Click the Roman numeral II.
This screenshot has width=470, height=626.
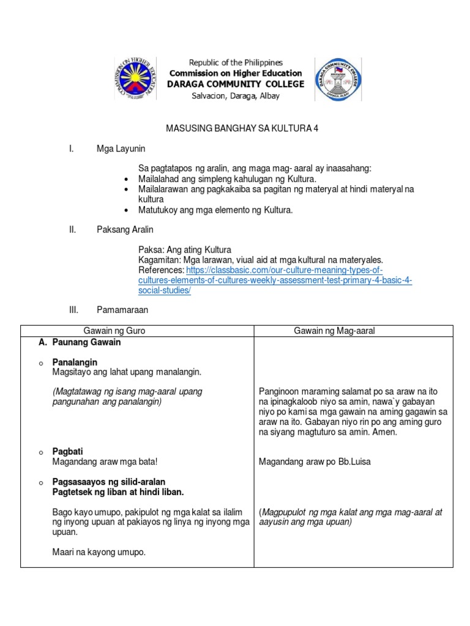pyautogui.click(x=72, y=229)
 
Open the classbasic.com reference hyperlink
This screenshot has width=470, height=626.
pyautogui.click(x=275, y=280)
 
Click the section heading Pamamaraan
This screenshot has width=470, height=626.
pyautogui.click(x=122, y=310)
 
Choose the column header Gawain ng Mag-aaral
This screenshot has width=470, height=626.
pyautogui.click(x=334, y=331)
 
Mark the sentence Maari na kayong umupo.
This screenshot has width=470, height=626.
pyautogui.click(x=99, y=552)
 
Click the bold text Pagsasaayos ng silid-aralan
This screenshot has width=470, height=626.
pyautogui.click(x=109, y=482)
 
